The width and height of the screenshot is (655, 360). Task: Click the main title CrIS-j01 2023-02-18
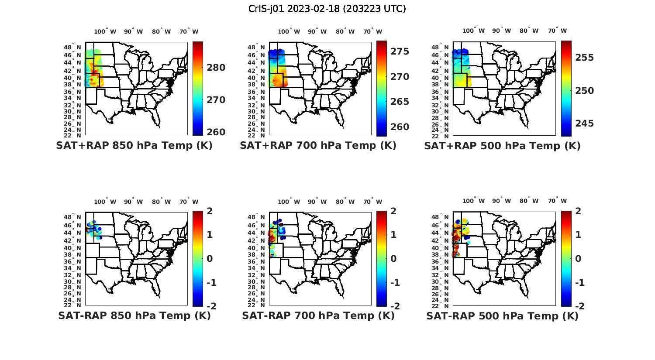point(327,9)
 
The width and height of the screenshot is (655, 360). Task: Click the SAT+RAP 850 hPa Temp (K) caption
point(134,146)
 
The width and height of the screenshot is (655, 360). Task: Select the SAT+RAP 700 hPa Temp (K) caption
point(318,146)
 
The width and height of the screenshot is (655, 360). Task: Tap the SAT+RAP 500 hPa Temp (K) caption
point(502,146)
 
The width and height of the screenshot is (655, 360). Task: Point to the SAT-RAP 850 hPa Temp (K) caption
point(134,316)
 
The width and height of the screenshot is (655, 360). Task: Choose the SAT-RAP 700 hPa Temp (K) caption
point(318,316)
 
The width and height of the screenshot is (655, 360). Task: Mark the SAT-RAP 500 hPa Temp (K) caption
point(502,316)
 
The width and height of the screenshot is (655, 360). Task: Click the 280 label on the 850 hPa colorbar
point(216,68)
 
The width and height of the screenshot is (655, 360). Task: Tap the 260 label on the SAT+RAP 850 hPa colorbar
point(216,132)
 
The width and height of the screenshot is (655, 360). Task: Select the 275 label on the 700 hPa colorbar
point(400,51)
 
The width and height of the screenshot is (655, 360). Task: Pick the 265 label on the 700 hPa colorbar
point(400,102)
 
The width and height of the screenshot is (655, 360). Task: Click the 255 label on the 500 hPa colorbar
point(584,58)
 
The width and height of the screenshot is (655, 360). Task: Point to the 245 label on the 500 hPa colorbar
point(584,123)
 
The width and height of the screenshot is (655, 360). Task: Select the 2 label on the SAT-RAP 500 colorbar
point(578,211)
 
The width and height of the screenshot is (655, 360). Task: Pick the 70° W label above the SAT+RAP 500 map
point(557,31)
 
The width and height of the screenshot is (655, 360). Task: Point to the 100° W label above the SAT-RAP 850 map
point(105,202)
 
